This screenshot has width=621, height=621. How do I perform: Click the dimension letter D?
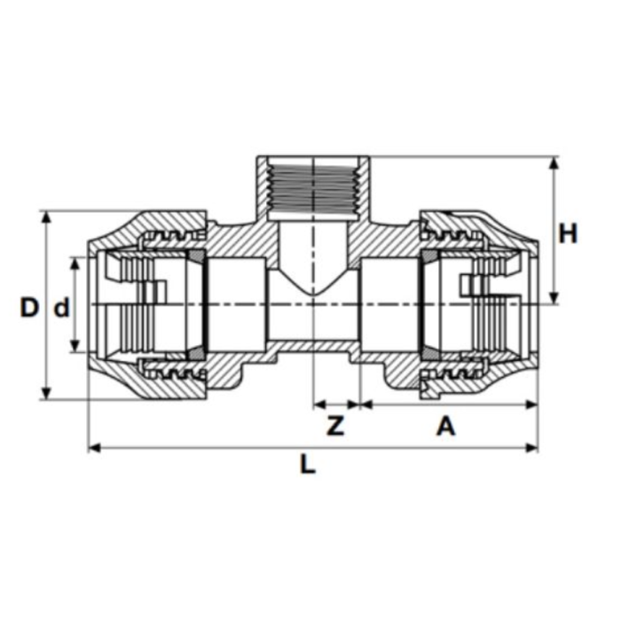tap(29, 307)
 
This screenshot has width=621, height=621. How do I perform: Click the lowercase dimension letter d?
tap(61, 308)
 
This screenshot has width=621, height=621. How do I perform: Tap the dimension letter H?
tap(568, 233)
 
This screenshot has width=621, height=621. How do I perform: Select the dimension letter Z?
tap(335, 426)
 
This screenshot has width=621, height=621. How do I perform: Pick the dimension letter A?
tap(446, 427)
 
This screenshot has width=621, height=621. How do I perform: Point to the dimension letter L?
tap(308, 464)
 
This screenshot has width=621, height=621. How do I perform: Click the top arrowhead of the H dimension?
tap(554, 162)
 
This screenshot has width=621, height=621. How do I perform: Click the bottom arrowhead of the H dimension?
tap(554, 298)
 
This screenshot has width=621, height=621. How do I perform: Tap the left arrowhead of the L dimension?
tap(94, 448)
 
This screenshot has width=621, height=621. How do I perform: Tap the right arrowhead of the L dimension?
tap(531, 448)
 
